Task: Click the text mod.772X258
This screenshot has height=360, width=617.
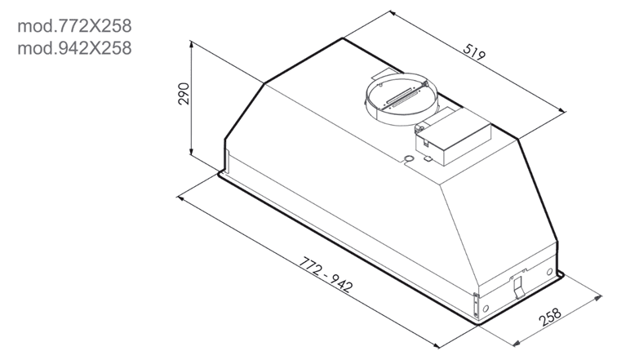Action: point(74,26)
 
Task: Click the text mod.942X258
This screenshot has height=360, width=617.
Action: point(74,48)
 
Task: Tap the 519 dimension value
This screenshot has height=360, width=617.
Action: point(474,52)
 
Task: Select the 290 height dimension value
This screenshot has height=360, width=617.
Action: point(184,93)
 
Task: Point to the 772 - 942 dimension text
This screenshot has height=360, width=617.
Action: point(325,274)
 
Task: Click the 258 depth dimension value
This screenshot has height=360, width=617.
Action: point(551,317)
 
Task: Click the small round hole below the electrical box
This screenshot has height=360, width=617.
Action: point(408,158)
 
